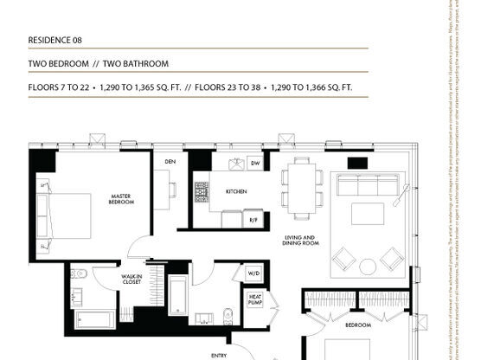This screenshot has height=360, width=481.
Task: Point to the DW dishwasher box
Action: click(255, 163)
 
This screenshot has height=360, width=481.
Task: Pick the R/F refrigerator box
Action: click(254, 221)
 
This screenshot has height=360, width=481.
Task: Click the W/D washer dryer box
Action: click(254, 273)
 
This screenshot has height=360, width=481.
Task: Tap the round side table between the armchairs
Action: click(368, 266)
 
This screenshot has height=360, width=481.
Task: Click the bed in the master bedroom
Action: click(65, 211)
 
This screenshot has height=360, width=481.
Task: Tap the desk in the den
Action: click(162, 188)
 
